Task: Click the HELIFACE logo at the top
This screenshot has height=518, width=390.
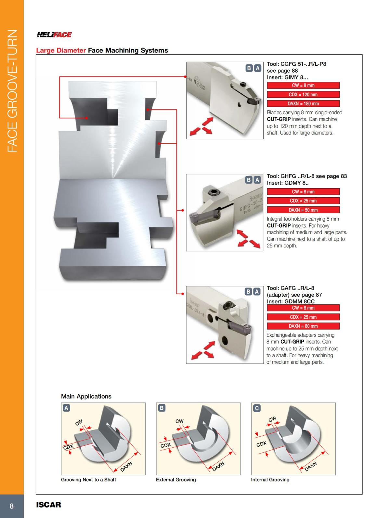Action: point(54,35)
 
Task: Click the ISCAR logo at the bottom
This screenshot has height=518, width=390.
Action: point(48,505)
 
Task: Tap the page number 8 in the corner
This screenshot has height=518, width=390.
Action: point(12,506)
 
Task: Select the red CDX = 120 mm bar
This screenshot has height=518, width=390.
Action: point(303,94)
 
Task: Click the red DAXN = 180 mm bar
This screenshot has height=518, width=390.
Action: point(303,104)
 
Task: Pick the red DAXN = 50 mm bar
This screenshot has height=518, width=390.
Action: point(303,210)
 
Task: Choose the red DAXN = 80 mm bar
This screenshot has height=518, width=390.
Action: point(303,326)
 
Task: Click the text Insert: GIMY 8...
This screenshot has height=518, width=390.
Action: point(287,77)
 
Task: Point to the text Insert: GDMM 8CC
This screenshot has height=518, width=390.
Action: point(291,301)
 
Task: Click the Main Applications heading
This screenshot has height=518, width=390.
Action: point(86,396)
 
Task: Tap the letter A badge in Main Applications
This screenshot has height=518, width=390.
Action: point(66,408)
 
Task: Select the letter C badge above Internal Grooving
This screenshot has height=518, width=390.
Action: point(256,408)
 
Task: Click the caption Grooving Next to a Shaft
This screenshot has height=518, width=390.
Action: point(88,480)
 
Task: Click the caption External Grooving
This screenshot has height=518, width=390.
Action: point(176,480)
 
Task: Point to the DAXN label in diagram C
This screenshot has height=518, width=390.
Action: point(310,466)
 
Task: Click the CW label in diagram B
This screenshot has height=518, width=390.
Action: point(179,421)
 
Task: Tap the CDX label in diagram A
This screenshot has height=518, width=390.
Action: point(68,447)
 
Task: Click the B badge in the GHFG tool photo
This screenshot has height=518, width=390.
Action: point(249,180)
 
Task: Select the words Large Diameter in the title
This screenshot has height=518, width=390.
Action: point(61,50)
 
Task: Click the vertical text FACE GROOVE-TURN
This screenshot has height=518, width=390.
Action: point(12,91)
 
